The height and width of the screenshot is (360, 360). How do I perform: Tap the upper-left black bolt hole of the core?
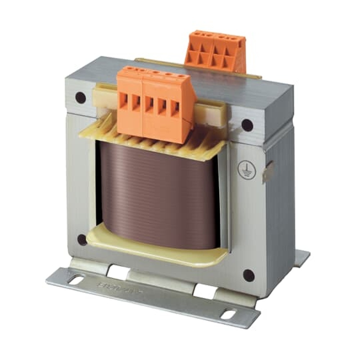[x=80, y=98]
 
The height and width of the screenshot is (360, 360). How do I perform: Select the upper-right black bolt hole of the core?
[x=247, y=125]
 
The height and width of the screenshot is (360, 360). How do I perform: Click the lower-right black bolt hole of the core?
[x=248, y=275]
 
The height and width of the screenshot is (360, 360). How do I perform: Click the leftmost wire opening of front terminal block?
[x=123, y=102]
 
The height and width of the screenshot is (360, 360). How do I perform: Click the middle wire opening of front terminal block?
[x=149, y=104]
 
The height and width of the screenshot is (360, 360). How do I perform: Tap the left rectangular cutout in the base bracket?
[x=118, y=273]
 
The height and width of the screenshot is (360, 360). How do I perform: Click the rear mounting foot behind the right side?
[x=302, y=257]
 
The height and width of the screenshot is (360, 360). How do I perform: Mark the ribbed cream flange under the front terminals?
[x=151, y=140]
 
